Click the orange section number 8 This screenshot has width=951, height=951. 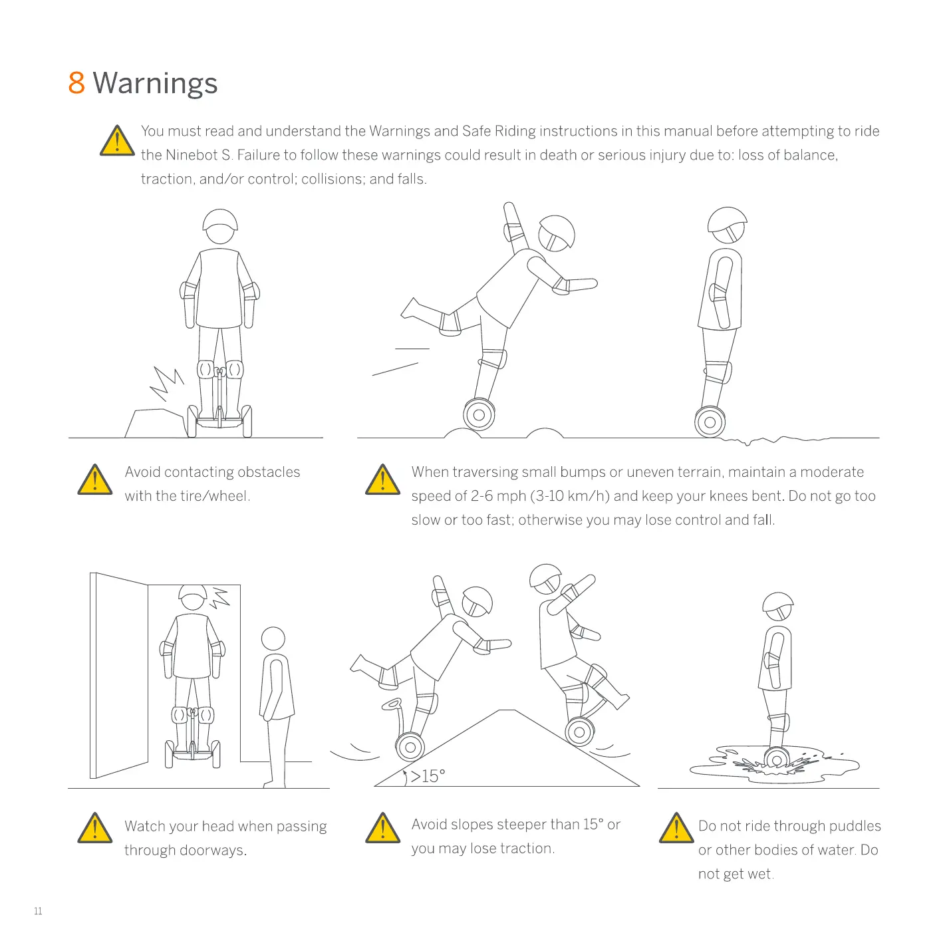click(x=76, y=83)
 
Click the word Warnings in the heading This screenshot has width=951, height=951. click(x=155, y=84)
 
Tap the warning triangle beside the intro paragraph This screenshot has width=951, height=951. click(x=117, y=141)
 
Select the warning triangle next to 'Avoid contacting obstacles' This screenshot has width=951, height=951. click(x=95, y=480)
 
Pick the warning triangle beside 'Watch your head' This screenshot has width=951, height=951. click(x=95, y=829)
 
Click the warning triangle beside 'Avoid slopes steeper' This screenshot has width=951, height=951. click(x=382, y=829)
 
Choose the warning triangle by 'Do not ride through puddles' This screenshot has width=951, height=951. click(x=676, y=829)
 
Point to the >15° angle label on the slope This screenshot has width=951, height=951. click(x=428, y=776)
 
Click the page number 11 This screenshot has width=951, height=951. click(x=38, y=911)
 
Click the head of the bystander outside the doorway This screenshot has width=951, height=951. click(x=273, y=639)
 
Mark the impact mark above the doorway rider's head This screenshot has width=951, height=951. click(x=219, y=597)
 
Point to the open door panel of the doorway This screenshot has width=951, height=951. click(x=120, y=675)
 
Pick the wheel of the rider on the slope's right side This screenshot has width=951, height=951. click(x=579, y=732)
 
